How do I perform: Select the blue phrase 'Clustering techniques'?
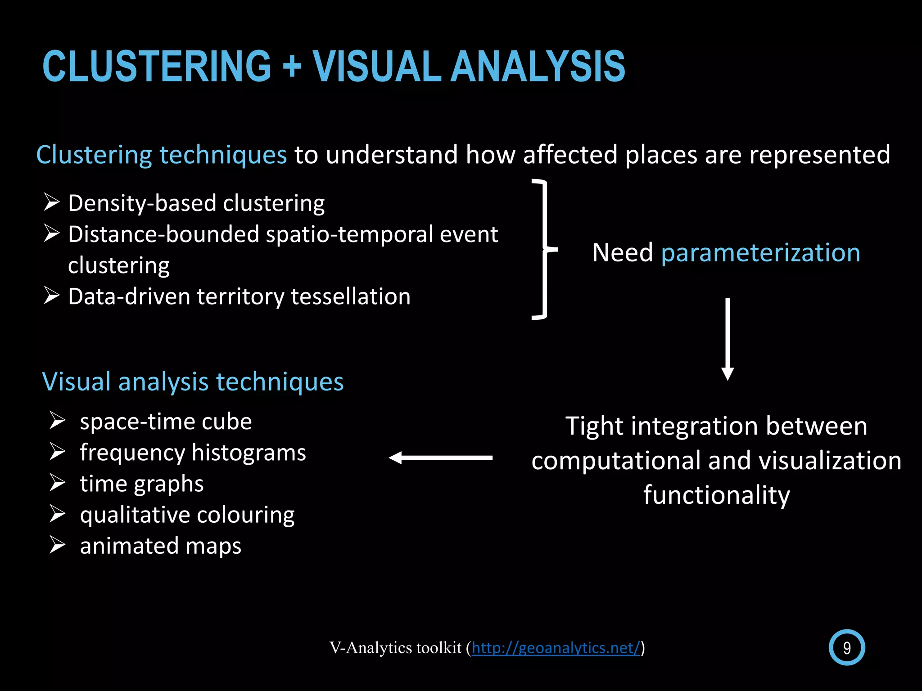pyautogui.click(x=161, y=155)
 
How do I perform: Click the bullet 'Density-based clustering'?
pyautogui.click(x=196, y=203)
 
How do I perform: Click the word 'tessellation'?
pyautogui.click(x=351, y=297)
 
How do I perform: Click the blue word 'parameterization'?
pyautogui.click(x=760, y=253)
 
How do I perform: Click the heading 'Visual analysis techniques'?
pyautogui.click(x=193, y=382)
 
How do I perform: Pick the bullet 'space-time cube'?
pyautogui.click(x=166, y=422)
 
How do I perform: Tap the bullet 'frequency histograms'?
pyautogui.click(x=193, y=453)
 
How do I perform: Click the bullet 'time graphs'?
pyautogui.click(x=141, y=484)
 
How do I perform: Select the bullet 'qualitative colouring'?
pyautogui.click(x=187, y=515)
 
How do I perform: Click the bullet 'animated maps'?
pyautogui.click(x=160, y=546)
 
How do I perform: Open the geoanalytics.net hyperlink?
pyautogui.click(x=556, y=648)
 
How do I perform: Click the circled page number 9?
pyautogui.click(x=846, y=648)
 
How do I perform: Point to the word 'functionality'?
pyautogui.click(x=716, y=495)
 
